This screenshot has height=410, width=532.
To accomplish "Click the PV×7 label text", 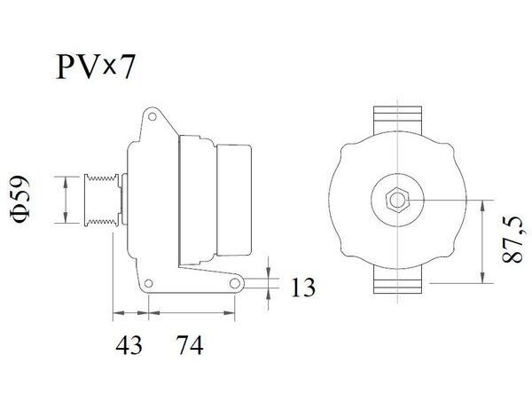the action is point(96,67).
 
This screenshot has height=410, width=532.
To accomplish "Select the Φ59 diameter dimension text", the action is point(20,200).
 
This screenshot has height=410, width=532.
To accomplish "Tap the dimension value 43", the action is point(129,345).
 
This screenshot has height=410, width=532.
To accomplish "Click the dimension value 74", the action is point(190,345).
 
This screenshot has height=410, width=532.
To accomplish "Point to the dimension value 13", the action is point(303,288).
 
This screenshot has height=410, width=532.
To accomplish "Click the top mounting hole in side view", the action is point(152,117).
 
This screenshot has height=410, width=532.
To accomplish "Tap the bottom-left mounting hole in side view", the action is point(149,283).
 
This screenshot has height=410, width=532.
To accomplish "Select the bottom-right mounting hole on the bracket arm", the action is point(235,283).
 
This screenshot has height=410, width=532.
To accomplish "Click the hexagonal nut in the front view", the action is point(397,200).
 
